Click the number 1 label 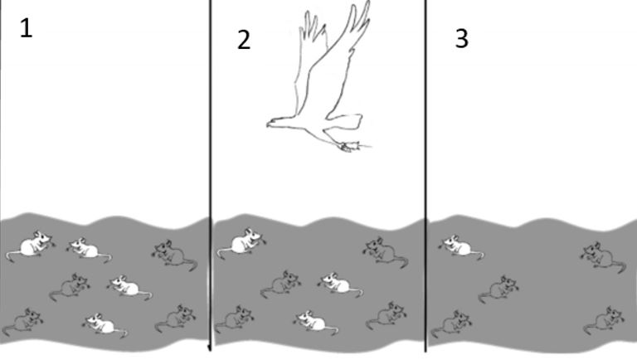(x=26, y=28)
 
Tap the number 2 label (x=244, y=40)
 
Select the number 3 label (x=461, y=39)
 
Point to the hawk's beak (x=270, y=124)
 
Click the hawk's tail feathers (x=348, y=121)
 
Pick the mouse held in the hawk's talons (x=352, y=147)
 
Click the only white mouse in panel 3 (x=460, y=246)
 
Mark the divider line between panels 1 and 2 (x=211, y=175)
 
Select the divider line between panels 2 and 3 (x=425, y=176)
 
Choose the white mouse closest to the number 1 (x=32, y=245)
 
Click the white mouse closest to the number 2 (x=241, y=243)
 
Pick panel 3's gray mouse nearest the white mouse (x=498, y=289)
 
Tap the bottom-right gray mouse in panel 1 (x=176, y=319)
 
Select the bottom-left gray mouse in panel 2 (x=235, y=320)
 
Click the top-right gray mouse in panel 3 (x=603, y=256)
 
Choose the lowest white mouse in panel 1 (x=105, y=324)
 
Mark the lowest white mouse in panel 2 (x=316, y=323)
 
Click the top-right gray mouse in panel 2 (x=385, y=252)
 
